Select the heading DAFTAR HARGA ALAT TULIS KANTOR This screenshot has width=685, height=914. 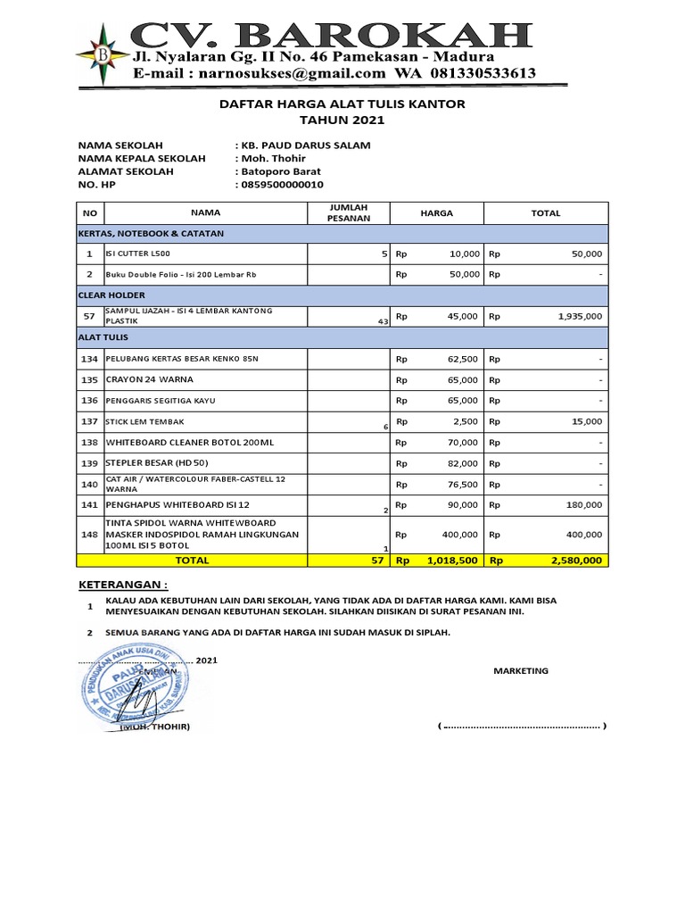(342, 104)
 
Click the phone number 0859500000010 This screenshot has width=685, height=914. (283, 185)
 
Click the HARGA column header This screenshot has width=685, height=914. (437, 213)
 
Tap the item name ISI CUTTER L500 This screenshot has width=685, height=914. (140, 254)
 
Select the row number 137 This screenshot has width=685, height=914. (89, 421)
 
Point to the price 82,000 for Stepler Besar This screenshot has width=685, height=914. (463, 464)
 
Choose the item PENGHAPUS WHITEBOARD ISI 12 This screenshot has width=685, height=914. (164, 505)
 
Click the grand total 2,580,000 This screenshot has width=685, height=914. (574, 561)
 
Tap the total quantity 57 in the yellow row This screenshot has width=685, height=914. (377, 561)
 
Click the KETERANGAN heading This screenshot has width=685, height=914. (123, 585)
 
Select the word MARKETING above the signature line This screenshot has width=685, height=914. (521, 671)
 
